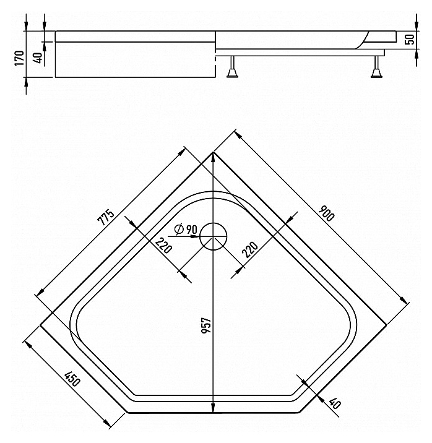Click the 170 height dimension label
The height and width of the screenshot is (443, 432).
point(19,58)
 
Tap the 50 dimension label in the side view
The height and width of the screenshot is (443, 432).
point(410,39)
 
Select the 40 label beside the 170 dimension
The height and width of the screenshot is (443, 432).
point(39,58)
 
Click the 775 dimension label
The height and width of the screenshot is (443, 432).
point(106,217)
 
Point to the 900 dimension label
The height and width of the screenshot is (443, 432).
point(326,213)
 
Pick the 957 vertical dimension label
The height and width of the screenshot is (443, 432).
point(206,325)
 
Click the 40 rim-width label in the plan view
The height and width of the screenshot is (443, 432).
point(335,403)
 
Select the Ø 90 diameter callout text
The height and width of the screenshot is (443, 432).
point(186,229)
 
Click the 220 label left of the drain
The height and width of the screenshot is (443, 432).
point(164,245)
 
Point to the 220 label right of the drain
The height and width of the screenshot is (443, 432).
point(250,250)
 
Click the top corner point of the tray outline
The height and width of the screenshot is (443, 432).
point(213,152)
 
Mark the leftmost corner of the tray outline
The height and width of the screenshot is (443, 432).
point(40,325)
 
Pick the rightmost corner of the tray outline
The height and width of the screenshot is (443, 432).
point(386,325)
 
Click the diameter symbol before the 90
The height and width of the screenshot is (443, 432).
point(179,229)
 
